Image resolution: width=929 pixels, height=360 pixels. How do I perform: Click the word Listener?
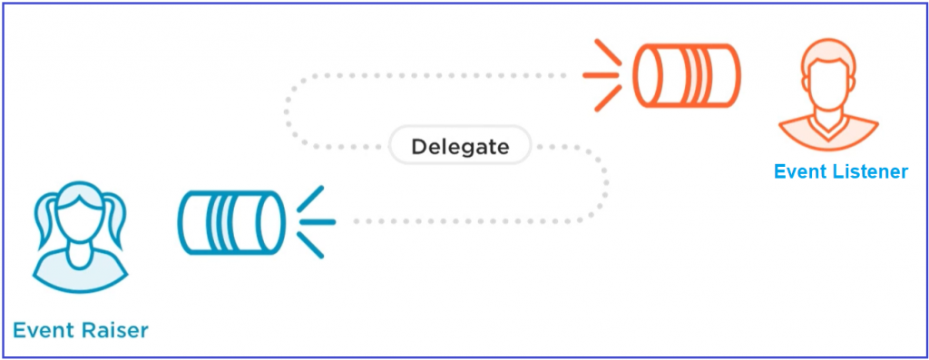(870, 170)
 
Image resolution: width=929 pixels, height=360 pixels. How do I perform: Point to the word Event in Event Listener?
(800, 170)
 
